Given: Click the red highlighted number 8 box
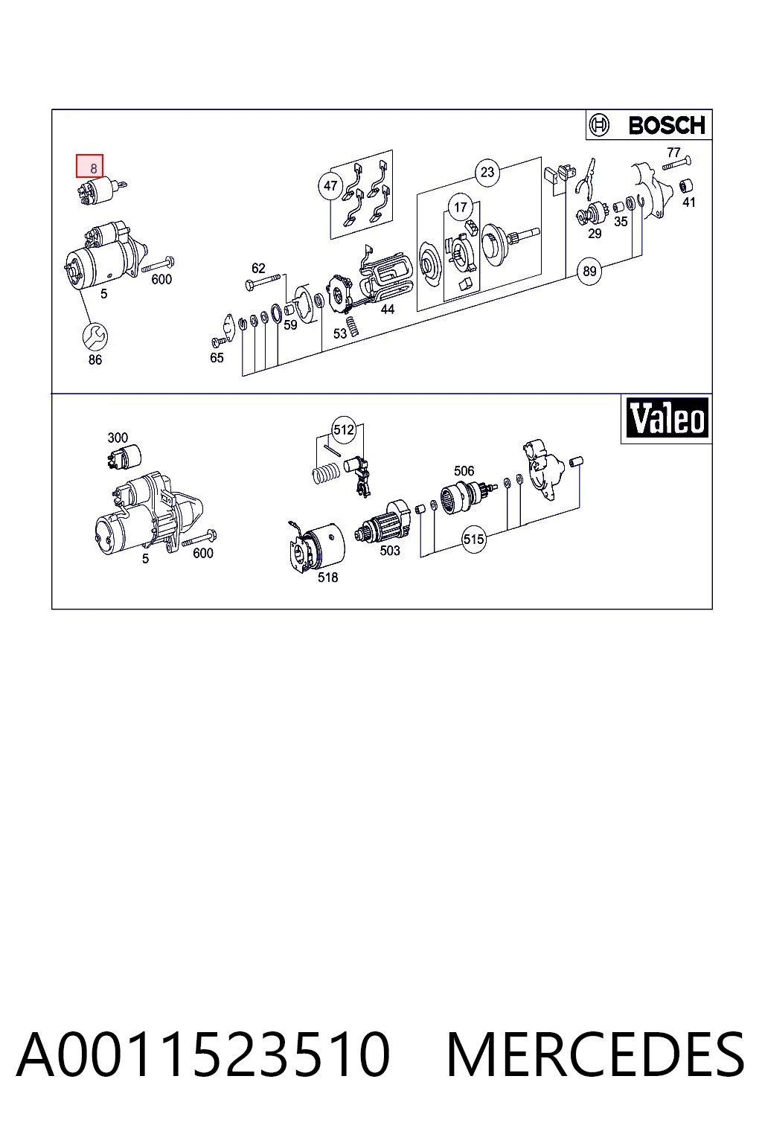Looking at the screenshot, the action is point(90,166).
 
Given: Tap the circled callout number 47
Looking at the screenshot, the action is point(330,185).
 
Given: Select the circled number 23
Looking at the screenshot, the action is point(487,172).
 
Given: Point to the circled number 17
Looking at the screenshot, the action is point(461,207).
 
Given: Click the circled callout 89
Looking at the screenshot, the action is point(589,271).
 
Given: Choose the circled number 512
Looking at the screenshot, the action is point(344,430).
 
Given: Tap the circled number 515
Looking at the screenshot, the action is point(473,540).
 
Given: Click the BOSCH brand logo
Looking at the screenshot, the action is point(649,125).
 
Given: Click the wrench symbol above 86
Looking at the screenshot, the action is point(95,336).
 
